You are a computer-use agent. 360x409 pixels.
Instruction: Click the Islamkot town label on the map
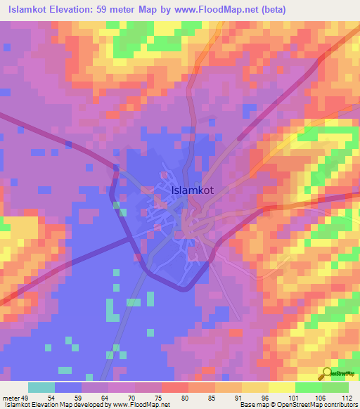pos(194,190)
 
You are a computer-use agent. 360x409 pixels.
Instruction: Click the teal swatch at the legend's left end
pos(41,387)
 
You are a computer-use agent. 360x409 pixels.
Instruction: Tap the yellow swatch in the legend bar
pos(281,387)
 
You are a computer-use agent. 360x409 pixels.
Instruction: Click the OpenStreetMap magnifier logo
pos(328,373)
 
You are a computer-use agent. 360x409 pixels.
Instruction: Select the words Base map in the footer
pos(252,405)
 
